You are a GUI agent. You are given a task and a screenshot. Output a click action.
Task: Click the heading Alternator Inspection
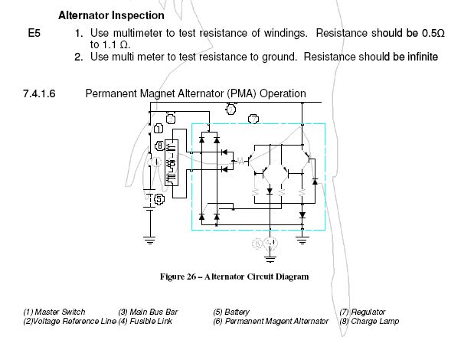[x=110, y=15]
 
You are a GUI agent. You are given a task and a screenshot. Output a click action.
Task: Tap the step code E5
[x=33, y=34]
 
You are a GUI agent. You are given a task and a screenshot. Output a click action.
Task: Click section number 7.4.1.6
[x=44, y=93]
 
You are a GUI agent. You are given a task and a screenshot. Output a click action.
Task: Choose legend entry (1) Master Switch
[x=54, y=312]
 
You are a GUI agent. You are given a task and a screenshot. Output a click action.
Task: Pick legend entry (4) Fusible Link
[x=145, y=321]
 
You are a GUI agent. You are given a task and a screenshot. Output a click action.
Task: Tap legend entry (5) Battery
[x=231, y=312]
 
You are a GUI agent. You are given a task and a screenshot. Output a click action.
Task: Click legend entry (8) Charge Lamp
[x=368, y=321]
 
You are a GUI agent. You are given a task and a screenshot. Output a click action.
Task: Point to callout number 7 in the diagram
[x=255, y=119]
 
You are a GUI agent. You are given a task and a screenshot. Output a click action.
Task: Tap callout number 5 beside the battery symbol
[x=159, y=199]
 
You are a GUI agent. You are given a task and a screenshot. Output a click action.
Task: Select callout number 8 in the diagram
[x=159, y=146]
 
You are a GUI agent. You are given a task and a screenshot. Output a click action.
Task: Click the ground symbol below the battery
[x=150, y=239]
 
